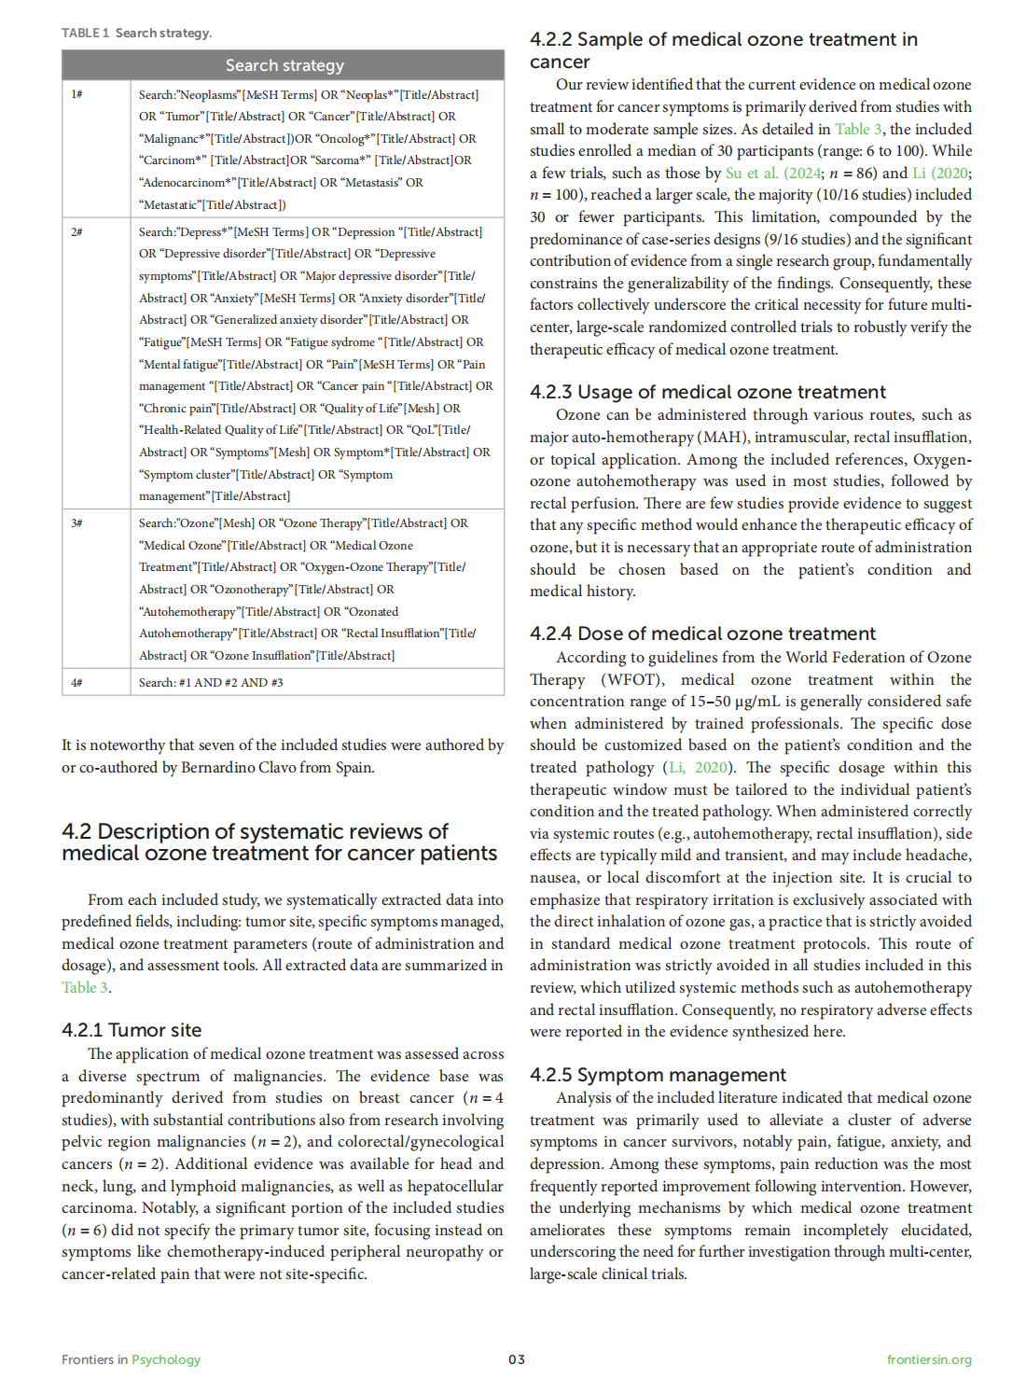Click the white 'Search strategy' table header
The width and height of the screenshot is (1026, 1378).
click(x=284, y=65)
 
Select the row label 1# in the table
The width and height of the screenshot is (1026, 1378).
click(x=76, y=94)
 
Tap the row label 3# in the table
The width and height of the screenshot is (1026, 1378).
click(x=76, y=523)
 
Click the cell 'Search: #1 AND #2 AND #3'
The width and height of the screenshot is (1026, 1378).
click(x=211, y=683)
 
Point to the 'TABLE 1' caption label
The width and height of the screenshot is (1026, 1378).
click(x=85, y=34)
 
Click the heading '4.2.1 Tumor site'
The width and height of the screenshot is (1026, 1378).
click(x=132, y=1030)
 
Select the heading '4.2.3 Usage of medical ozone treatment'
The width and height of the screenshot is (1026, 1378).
click(x=708, y=392)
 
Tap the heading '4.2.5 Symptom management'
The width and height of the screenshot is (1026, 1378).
click(x=658, y=1075)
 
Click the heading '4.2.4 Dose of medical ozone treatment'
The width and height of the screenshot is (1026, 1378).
click(x=702, y=633)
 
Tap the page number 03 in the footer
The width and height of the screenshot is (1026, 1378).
click(x=517, y=1359)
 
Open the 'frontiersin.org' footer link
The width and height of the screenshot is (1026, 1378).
click(x=929, y=1359)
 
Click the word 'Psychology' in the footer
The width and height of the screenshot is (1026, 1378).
click(x=166, y=1359)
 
